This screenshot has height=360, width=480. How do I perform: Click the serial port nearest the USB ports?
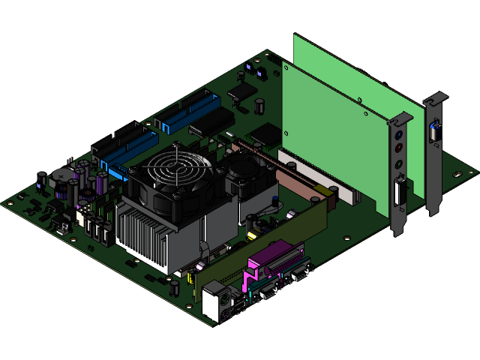pyautogui.click(x=265, y=289)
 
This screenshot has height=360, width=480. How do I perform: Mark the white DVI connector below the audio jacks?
pyautogui.click(x=399, y=193)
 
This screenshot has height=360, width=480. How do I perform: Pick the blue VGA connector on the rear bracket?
pyautogui.click(x=433, y=133)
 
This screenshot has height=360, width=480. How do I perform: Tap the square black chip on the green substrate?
pyautogui.click(x=264, y=134)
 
